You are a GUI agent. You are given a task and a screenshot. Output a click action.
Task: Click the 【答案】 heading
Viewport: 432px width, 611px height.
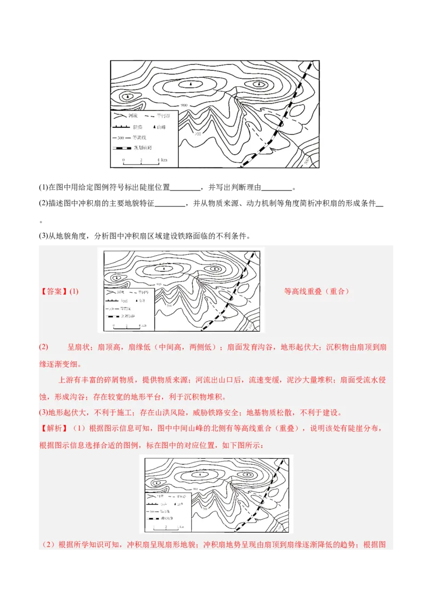click(54, 291)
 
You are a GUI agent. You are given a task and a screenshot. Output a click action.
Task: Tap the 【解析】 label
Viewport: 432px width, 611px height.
click(54, 429)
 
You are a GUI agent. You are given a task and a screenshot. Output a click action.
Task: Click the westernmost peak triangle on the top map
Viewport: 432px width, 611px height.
click(127, 97)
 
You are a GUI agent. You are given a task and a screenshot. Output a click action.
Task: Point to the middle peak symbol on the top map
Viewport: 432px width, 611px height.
click(190, 84)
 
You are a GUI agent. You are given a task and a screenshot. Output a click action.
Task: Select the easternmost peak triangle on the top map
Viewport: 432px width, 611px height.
click(260, 84)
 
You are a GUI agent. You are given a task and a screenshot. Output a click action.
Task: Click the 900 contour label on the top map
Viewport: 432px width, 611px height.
click(184, 105)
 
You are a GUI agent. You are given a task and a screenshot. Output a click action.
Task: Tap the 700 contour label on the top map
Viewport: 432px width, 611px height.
click(197, 133)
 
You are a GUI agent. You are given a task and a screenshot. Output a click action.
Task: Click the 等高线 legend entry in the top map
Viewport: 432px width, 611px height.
click(132, 138)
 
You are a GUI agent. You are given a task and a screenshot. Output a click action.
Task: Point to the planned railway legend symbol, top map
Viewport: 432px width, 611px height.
click(122, 148)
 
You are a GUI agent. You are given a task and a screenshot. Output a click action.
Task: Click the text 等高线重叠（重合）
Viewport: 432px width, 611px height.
click(316, 291)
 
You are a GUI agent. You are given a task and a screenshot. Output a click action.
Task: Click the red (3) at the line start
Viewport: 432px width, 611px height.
click(44, 413)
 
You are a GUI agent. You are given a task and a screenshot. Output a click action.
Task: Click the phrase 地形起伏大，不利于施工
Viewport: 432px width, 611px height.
click(87, 413)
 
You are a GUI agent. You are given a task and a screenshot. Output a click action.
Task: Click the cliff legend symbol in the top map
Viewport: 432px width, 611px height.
click(122, 127)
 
